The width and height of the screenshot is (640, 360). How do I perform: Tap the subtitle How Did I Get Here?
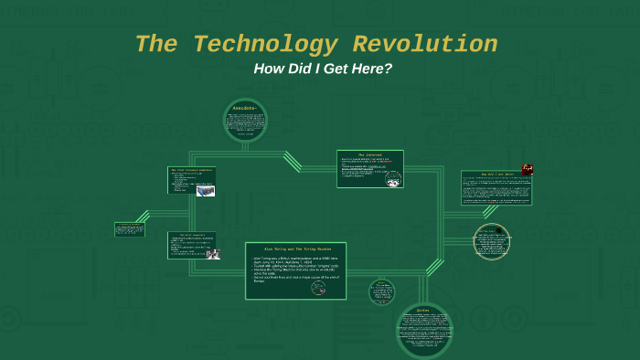320,69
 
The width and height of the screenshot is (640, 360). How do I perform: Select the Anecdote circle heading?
245,109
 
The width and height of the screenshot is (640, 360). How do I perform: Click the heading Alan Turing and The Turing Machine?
295,249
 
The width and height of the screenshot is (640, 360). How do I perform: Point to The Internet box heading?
369,154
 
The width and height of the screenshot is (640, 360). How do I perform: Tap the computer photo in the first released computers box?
206,189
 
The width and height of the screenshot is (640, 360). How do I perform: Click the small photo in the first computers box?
212,253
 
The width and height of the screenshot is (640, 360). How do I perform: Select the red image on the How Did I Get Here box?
528,168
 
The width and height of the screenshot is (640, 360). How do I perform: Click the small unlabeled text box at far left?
129,229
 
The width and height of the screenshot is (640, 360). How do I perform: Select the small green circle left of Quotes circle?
382,292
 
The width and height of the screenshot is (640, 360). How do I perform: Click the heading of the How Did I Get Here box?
496,174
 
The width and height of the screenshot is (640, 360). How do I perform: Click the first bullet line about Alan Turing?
294,261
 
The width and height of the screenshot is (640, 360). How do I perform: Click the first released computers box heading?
191,170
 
